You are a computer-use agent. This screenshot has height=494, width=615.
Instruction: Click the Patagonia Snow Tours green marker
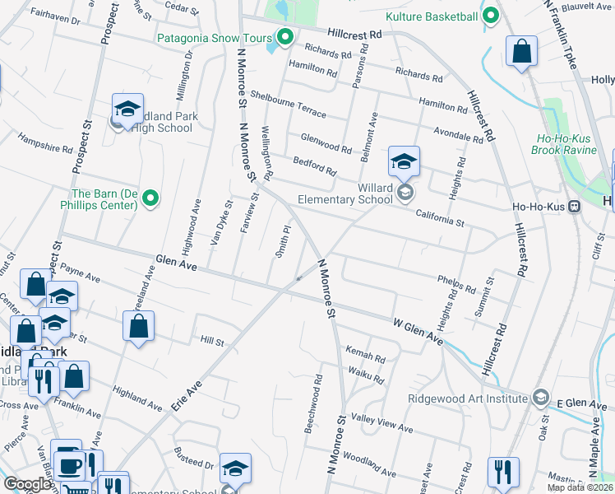pos(285,37)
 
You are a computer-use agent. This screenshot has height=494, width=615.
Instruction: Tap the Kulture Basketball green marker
pos(491,16)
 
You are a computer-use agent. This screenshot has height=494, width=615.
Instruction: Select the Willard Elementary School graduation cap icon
pos(405,161)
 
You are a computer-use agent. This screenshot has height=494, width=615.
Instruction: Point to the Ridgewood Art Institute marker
pos(540,398)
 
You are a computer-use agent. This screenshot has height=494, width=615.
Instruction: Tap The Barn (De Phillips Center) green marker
pos(150,198)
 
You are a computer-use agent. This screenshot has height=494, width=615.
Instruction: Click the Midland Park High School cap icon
pos(127,108)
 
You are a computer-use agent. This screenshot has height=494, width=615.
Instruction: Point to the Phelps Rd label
pos(456,285)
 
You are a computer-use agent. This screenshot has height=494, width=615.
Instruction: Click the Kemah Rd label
pos(365,355)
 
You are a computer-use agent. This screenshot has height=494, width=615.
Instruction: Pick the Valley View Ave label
pos(382,425)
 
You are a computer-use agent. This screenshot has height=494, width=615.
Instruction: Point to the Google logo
pos(28,485)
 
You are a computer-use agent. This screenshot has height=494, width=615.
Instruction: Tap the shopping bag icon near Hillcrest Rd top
pos(521,52)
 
